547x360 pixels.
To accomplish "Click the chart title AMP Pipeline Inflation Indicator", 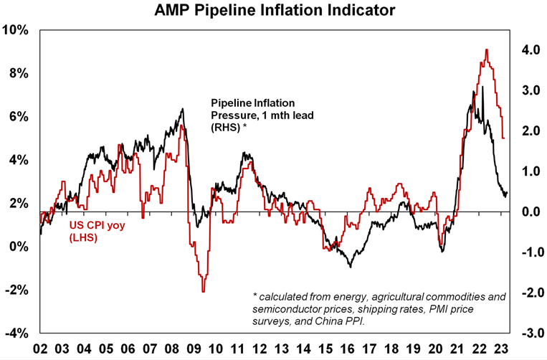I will click(272, 10).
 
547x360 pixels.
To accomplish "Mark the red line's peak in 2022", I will click(487, 49).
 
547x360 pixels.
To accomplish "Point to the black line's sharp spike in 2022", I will click(483, 87).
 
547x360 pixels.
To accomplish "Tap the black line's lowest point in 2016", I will click(350, 267).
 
